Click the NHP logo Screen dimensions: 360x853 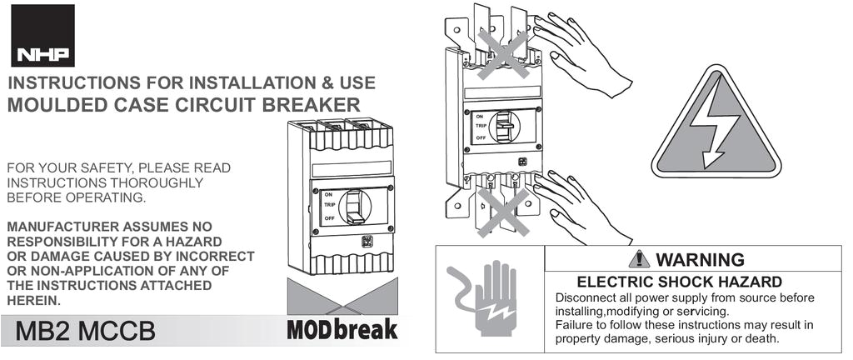point(44,36)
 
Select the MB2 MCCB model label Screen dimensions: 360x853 point(86,331)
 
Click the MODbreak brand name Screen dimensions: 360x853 point(342,329)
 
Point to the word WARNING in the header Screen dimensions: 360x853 point(700,259)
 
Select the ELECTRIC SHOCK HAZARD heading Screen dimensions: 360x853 point(679,282)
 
